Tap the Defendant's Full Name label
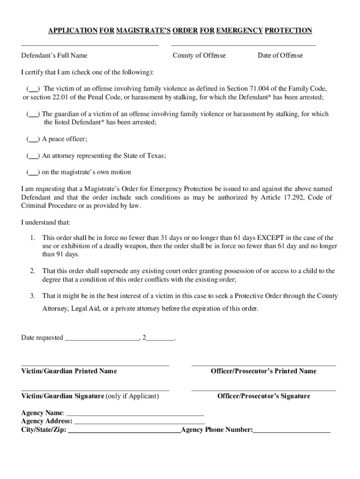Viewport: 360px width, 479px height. click(x=54, y=56)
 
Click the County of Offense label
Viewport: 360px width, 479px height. click(x=199, y=56)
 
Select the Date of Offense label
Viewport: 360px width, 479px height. click(x=280, y=56)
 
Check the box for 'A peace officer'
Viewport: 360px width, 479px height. click(x=33, y=139)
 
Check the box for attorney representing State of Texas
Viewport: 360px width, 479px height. click(x=33, y=156)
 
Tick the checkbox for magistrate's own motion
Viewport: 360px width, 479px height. click(x=33, y=172)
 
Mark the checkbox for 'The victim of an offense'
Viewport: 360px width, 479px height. click(x=33, y=88)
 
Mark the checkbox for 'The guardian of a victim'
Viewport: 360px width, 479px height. click(x=33, y=114)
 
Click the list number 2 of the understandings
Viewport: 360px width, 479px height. click(x=32, y=271)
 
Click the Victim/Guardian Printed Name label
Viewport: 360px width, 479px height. click(x=69, y=371)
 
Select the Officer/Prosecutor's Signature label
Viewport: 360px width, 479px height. click(x=263, y=397)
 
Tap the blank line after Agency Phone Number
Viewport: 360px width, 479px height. click(x=292, y=430)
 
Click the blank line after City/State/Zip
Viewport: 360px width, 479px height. click(x=124, y=430)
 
